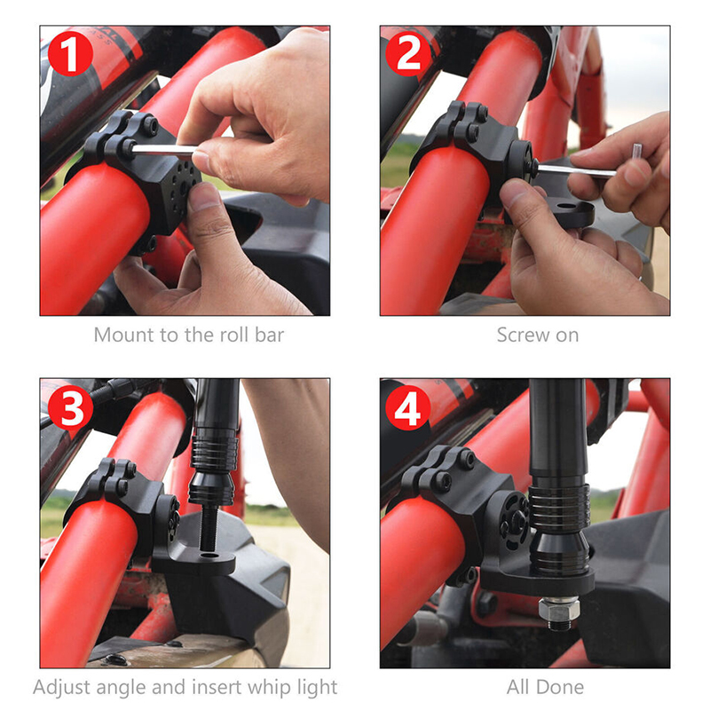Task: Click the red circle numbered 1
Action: coord(70,53)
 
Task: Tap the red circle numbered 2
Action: coord(408,53)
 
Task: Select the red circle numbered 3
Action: coord(70,407)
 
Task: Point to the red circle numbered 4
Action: coord(408,407)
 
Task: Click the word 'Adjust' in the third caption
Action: coord(61,687)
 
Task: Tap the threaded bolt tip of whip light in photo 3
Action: coord(209,528)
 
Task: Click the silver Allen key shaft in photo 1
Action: coord(164,150)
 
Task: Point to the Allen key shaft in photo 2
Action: coord(576,170)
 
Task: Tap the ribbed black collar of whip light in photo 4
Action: coord(559,503)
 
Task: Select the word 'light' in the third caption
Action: coord(318,687)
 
